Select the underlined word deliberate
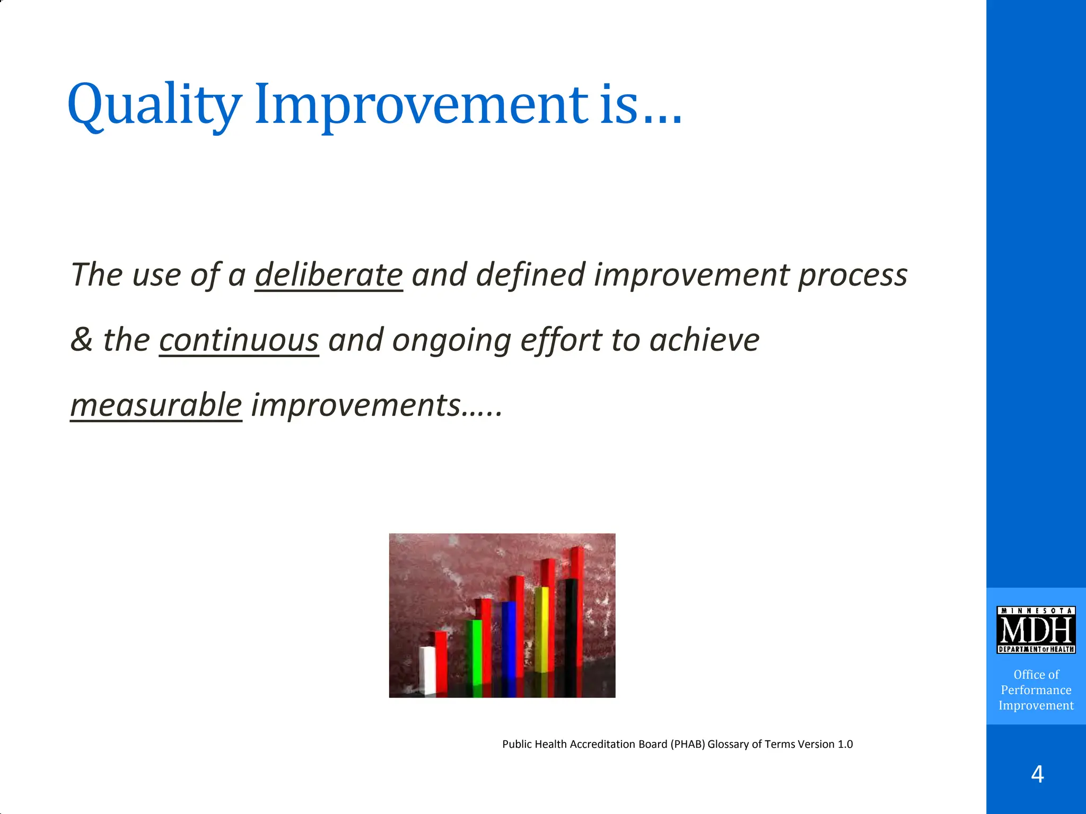[329, 276]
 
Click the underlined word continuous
[239, 340]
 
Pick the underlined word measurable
[156, 405]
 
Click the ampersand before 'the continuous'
[81, 340]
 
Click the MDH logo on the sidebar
[1036, 630]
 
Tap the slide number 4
[1037, 775]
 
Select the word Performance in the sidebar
[1036, 690]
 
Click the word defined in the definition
[530, 276]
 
